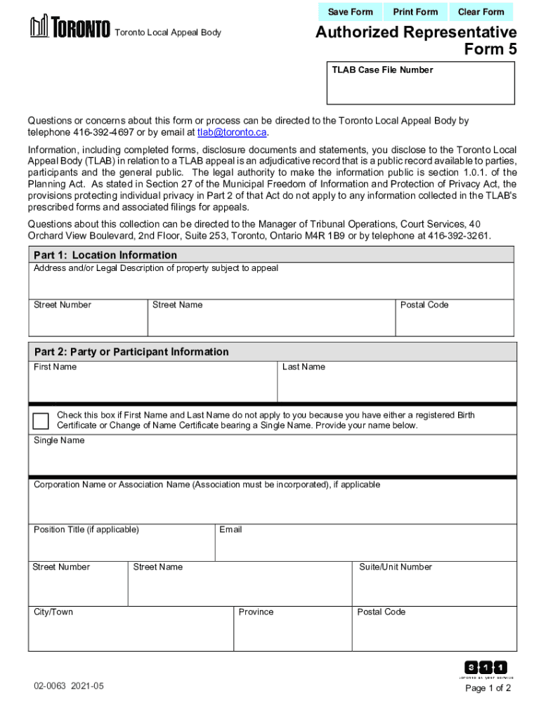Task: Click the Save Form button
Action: click(x=350, y=12)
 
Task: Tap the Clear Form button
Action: click(x=481, y=12)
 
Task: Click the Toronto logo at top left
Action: click(x=70, y=29)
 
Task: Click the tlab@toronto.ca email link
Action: click(x=232, y=132)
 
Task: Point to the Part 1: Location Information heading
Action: click(x=105, y=255)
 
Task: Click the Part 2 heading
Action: click(x=131, y=352)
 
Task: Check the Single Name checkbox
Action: click(x=41, y=421)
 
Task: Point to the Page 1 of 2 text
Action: click(x=488, y=688)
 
